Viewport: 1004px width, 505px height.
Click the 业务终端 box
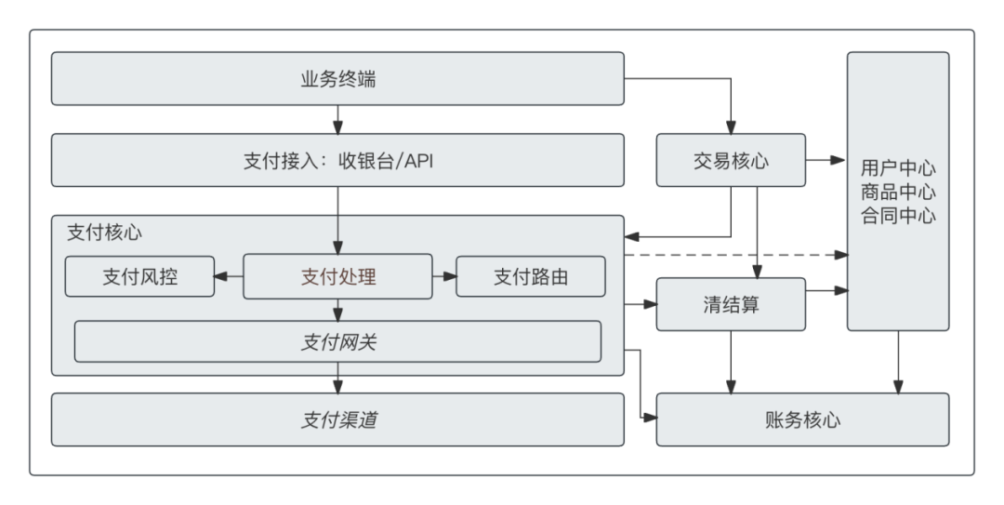click(337, 79)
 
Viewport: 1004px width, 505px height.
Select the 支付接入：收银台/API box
click(337, 160)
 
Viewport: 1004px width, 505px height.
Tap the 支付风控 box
click(139, 276)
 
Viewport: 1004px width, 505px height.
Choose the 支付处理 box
click(337, 276)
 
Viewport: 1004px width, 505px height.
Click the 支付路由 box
click(531, 276)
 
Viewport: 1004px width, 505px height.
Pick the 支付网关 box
click(337, 341)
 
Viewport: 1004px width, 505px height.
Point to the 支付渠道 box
click(337, 419)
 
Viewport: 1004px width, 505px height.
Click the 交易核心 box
click(731, 160)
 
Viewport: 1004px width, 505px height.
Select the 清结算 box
click(731, 304)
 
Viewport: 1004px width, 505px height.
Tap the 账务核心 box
click(802, 419)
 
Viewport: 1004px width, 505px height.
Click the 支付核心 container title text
click(104, 233)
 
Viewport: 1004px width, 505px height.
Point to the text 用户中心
click(898, 168)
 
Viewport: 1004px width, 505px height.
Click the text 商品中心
click(898, 192)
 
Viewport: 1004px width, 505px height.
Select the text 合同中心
click(898, 216)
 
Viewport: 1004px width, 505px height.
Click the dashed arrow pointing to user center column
click(734, 254)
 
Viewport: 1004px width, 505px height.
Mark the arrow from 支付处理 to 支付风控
click(229, 276)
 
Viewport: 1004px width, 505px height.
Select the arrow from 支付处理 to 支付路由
click(444, 276)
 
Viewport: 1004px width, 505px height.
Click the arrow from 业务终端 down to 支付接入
click(337, 119)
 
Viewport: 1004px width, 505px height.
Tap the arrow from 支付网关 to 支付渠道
click(337, 378)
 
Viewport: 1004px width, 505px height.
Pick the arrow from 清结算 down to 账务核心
click(731, 362)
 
